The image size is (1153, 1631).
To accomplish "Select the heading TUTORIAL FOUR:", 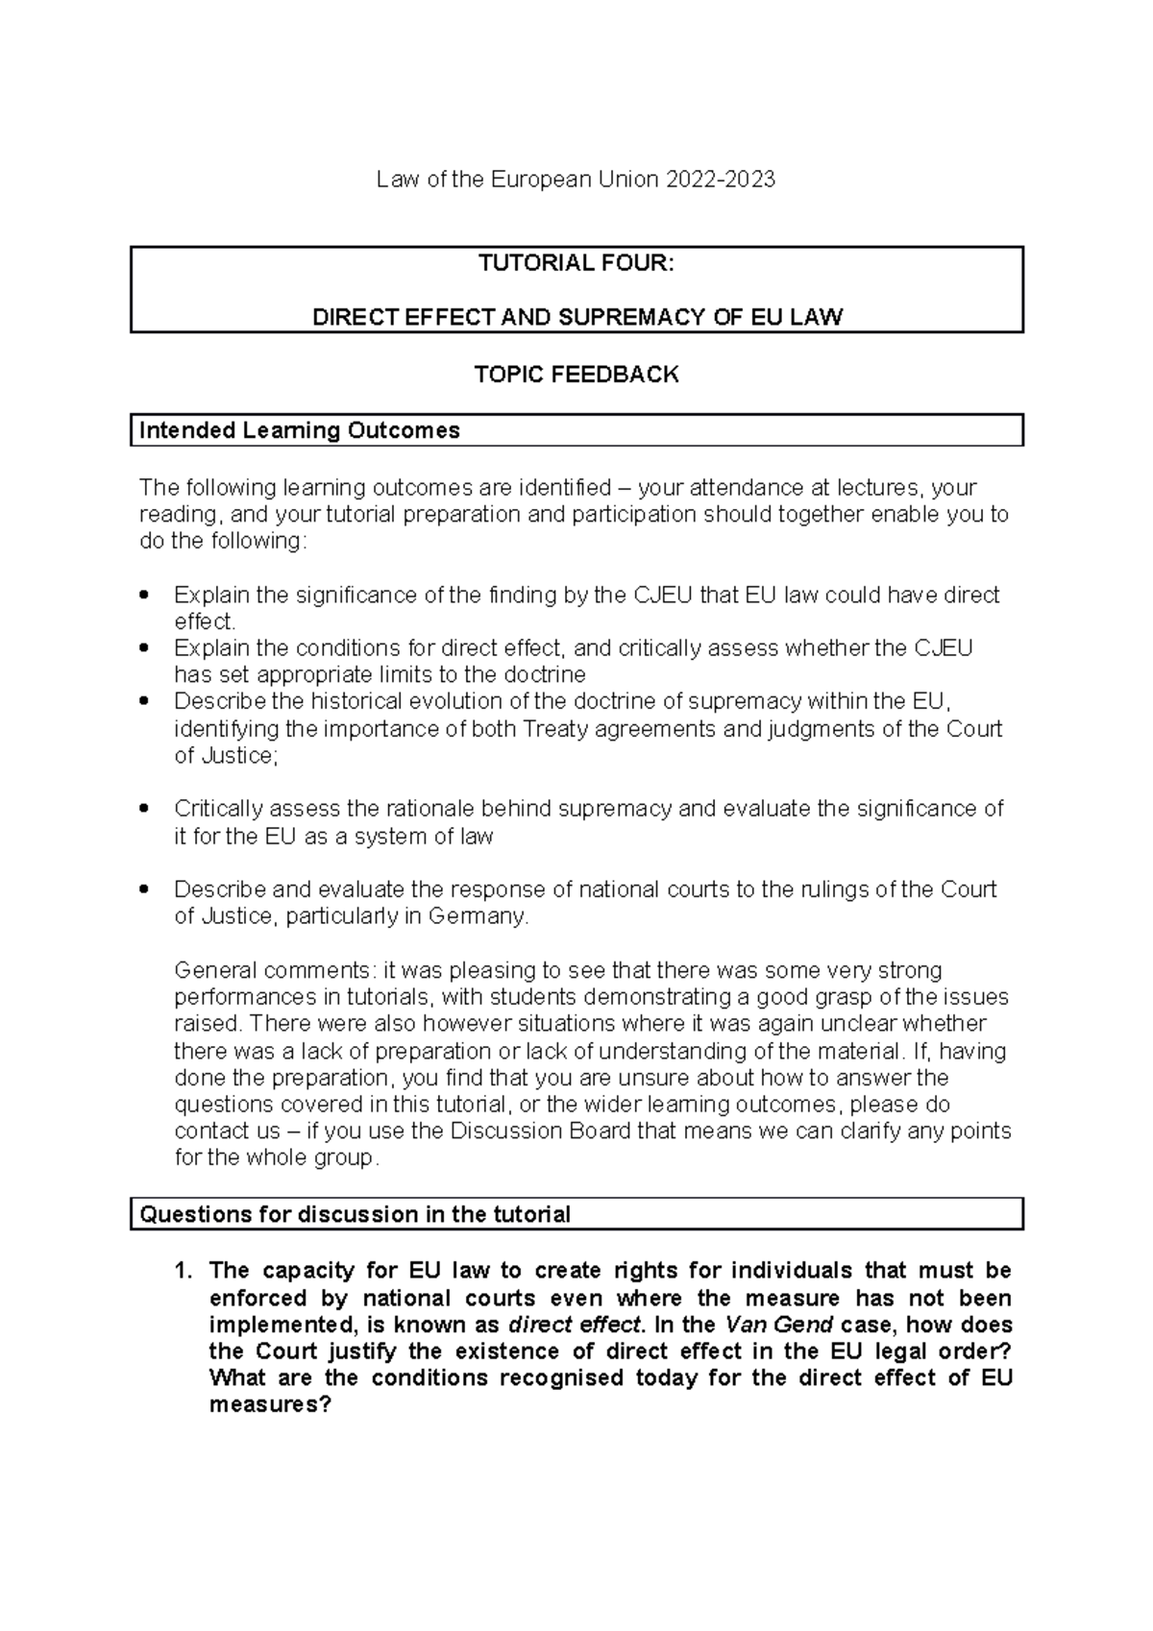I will [x=576, y=263].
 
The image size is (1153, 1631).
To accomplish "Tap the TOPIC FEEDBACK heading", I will [x=576, y=375].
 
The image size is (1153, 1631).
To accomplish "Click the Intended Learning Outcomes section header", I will [x=300, y=430].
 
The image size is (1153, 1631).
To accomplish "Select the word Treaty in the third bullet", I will [x=556, y=729].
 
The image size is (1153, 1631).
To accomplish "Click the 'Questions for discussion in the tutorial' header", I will [x=356, y=1214].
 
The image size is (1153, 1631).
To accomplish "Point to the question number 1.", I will [x=183, y=1271].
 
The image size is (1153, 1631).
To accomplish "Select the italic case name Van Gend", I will [x=778, y=1325].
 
